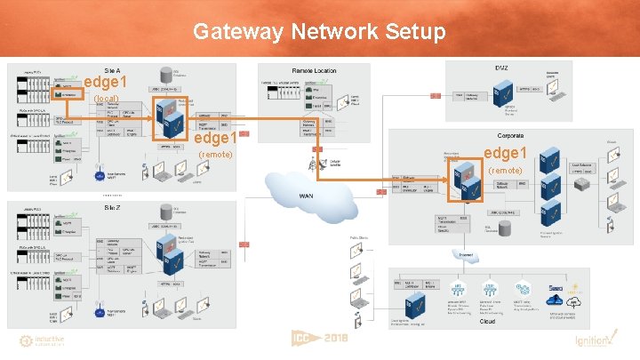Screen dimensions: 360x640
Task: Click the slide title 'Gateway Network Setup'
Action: pos(320,32)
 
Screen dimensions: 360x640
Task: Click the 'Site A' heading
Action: pos(113,69)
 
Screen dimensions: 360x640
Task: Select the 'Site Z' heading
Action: pos(113,206)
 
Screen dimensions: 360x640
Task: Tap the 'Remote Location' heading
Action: pos(314,69)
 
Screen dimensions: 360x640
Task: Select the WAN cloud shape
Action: pos(307,195)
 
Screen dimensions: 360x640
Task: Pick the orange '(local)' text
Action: pos(107,98)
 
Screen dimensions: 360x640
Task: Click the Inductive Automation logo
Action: pos(44,341)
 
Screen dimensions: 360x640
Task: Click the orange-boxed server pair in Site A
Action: pos(168,116)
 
